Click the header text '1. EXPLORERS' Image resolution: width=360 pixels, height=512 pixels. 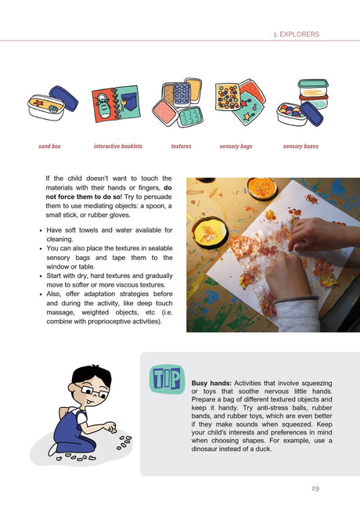click(296, 34)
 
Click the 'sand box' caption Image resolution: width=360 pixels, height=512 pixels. click(50, 146)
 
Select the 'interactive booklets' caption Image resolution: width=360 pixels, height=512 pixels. click(117, 146)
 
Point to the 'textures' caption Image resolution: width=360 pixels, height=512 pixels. click(181, 146)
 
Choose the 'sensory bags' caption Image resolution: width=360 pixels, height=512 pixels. click(236, 146)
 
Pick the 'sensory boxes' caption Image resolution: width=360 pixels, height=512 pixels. click(301, 146)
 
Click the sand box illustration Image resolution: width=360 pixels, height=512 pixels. click(52, 106)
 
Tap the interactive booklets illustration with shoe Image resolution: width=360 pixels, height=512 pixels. click(115, 103)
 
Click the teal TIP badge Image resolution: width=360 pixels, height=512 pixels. click(164, 379)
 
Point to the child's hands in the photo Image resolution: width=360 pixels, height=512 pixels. click(293, 266)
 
